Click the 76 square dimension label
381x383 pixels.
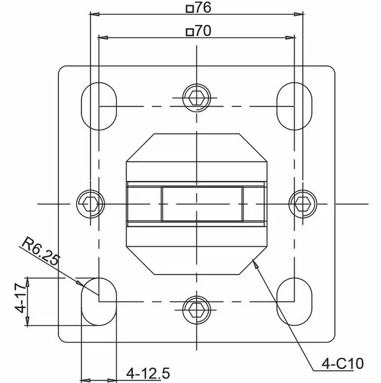[x=199, y=8]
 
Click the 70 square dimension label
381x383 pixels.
[x=199, y=31]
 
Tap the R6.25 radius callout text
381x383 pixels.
[x=40, y=251]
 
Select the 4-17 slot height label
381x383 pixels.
[x=21, y=298]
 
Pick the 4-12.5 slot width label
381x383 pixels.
[x=148, y=373]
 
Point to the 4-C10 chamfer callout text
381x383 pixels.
[x=343, y=364]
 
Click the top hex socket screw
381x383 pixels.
[x=197, y=98]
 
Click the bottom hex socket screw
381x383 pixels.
[x=197, y=310]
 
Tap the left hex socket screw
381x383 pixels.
[x=90, y=204]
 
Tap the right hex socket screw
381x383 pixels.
[x=303, y=204]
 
